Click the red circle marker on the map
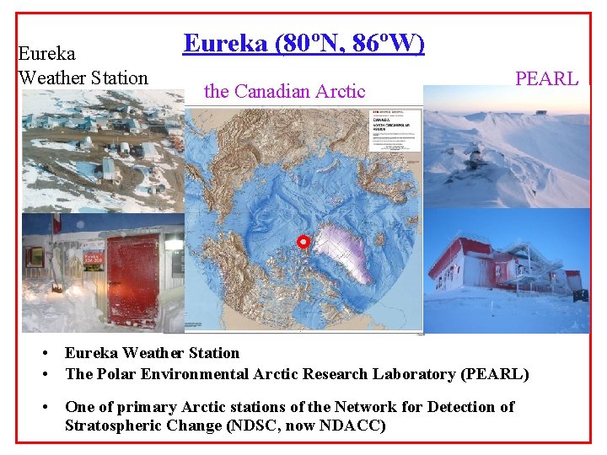pyautogui.click(x=304, y=243)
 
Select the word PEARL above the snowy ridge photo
pyautogui.click(x=546, y=79)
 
